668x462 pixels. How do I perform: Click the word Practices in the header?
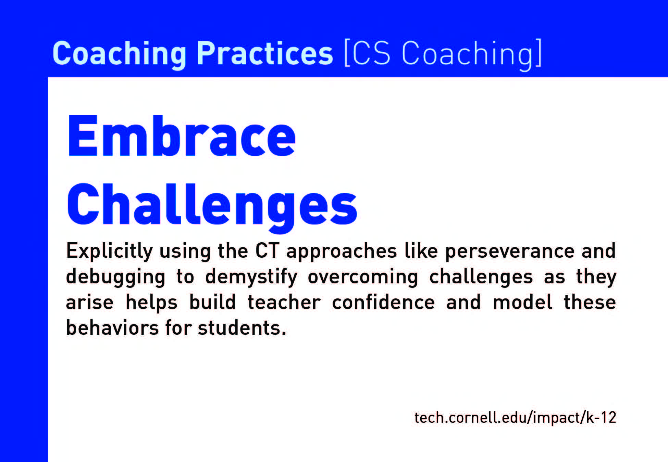264,53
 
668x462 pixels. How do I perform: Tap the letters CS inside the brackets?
371,53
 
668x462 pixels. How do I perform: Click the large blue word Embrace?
181,136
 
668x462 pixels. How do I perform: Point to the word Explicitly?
109,252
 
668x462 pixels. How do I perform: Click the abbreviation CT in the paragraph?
267,251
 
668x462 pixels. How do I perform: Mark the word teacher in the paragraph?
284,303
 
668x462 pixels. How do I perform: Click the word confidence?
383,303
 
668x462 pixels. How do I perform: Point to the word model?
522,303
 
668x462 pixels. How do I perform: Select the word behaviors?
112,328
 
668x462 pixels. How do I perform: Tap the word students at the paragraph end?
242,328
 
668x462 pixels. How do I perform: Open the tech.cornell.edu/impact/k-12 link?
515,418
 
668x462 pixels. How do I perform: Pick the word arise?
89,303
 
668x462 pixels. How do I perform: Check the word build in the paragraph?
212,303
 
